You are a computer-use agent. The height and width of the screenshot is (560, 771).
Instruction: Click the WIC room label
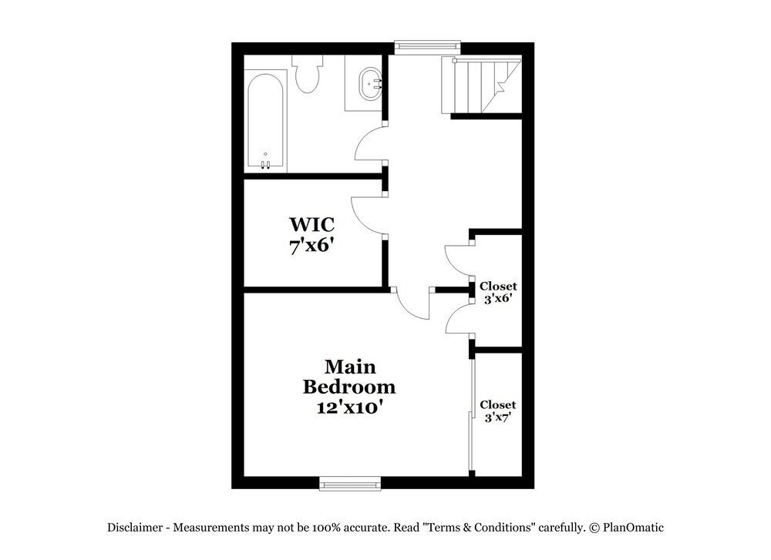click(311, 225)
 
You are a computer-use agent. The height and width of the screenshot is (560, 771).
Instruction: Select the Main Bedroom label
click(348, 377)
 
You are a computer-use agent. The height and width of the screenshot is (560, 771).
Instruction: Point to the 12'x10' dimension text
click(349, 407)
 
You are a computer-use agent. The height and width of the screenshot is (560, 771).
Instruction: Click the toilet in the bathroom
click(308, 75)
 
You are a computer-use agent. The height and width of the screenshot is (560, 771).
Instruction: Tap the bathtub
click(266, 120)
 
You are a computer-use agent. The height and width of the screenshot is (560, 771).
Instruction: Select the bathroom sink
click(369, 83)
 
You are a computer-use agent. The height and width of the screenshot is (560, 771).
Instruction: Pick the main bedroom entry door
click(414, 303)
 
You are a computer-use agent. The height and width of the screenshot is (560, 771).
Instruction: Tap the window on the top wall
click(427, 47)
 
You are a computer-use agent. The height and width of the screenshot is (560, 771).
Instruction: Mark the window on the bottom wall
click(350, 483)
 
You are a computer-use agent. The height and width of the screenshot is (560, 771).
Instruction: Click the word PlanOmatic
click(634, 528)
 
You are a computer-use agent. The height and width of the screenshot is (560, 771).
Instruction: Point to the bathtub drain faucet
click(264, 163)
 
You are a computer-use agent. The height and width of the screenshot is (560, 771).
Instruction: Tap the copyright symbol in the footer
click(594, 528)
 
